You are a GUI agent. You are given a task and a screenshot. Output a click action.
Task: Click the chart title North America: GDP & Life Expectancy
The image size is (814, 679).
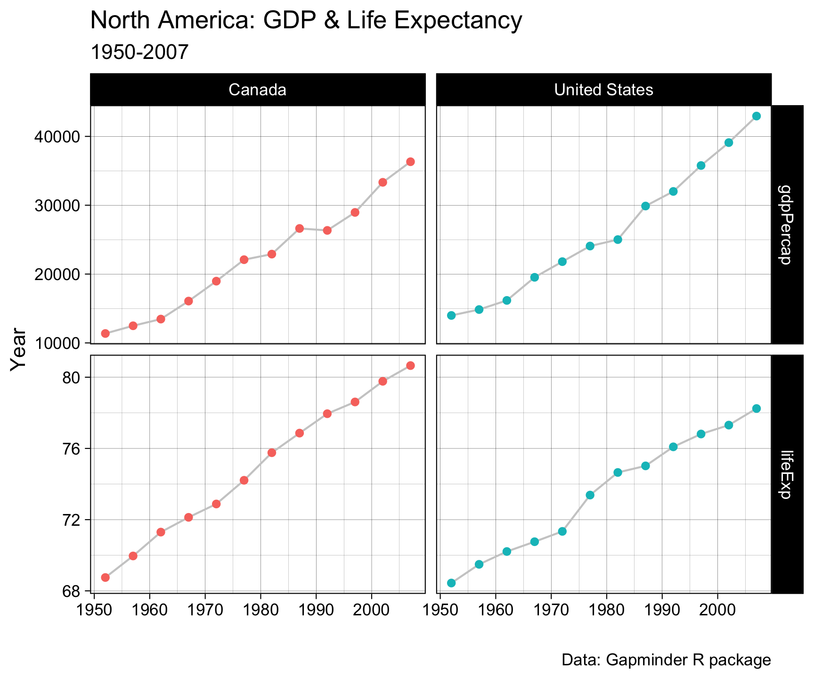coord(306,21)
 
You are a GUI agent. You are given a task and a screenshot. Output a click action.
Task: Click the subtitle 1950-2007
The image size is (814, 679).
coord(139,52)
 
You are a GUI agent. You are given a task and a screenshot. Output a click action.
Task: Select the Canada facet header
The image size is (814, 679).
coord(258,90)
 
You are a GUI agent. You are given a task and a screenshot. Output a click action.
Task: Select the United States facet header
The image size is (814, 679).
coord(603,90)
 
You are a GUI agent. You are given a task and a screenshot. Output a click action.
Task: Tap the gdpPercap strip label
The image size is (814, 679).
coord(787,224)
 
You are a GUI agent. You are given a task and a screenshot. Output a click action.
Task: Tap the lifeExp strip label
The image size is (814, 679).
coord(787,473)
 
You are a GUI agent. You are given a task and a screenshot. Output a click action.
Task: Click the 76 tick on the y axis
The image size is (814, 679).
coord(72,448)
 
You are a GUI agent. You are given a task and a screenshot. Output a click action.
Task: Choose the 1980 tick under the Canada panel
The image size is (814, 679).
coord(260,605)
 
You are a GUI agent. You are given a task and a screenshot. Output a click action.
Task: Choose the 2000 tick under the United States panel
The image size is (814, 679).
coord(717,605)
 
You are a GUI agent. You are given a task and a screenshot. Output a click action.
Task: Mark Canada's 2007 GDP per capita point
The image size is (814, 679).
coord(410,162)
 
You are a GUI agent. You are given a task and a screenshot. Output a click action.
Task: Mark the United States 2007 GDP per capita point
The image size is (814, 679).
coord(757,116)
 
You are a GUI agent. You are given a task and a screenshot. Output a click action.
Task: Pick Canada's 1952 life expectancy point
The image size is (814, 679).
coord(105,578)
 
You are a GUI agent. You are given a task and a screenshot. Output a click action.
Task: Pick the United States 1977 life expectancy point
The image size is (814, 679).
coord(590,495)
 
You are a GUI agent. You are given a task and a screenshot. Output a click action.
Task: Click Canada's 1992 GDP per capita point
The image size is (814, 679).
coord(327,231)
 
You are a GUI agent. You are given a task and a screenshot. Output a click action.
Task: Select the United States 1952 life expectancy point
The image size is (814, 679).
coord(451,583)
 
